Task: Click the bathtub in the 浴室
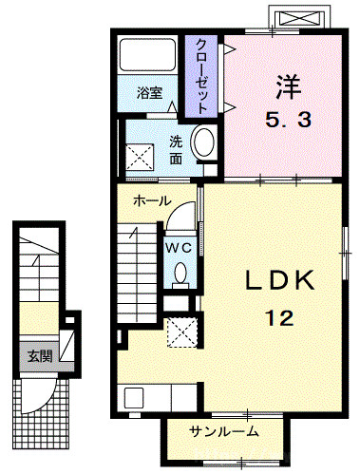pos(147,55)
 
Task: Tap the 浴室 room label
pos(149,93)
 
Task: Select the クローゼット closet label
pos(201,76)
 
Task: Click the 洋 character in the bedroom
pos(288,86)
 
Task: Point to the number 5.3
pos(288,120)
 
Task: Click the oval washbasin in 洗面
pos(204,142)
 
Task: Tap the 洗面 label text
pos(176,150)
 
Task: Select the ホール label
pos(152,200)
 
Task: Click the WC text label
pos(179,248)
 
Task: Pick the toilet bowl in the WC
pos(180,273)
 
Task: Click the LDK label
pos(280,280)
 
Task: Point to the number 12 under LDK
pos(280,318)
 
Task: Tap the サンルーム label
pos(224,431)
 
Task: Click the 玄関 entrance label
pos(40,356)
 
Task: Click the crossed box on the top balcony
pos(300,17)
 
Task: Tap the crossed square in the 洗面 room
pos(140,158)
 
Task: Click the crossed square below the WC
pos(182,332)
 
